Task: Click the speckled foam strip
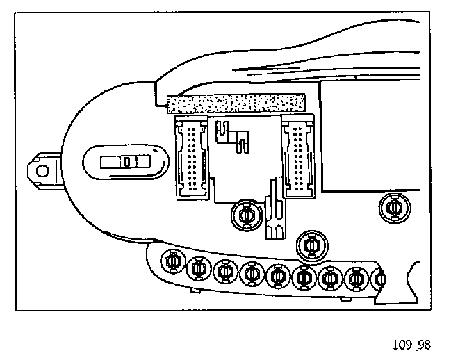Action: pos(236,103)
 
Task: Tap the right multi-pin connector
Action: pos(297,158)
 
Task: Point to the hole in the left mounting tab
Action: pos(43,170)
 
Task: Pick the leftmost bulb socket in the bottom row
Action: pos(172,262)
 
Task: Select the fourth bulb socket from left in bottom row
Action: pos(252,274)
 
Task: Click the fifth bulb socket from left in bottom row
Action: pos(278,276)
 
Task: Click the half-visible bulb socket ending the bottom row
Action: pos(379,279)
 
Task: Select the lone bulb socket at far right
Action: pos(394,206)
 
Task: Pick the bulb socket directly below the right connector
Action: pos(311,245)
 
